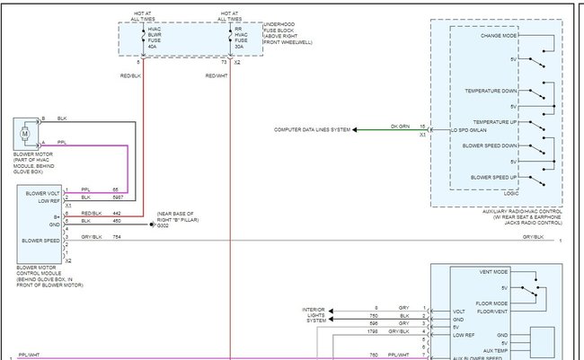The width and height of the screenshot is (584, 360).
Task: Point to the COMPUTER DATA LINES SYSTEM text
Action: coord(312,130)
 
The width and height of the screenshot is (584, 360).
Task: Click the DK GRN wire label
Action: coord(400,126)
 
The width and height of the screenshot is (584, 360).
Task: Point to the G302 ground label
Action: coord(163,224)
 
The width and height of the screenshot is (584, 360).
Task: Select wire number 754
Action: coord(117,237)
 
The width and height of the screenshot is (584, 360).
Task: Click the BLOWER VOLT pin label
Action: coord(43,192)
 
